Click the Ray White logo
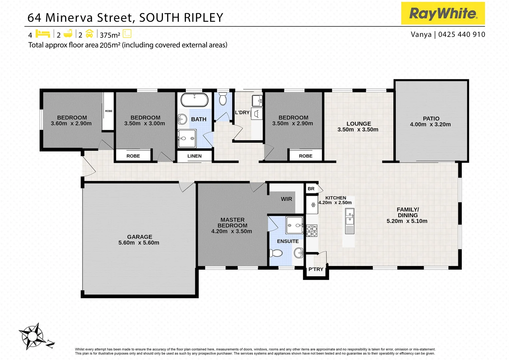[443, 13]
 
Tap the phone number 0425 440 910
[462, 34]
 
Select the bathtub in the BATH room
[195, 100]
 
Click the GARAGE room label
[140, 237]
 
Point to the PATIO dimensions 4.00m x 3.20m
[430, 124]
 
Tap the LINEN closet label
[195, 156]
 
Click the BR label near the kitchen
[311, 189]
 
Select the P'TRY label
[316, 269]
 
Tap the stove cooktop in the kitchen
[312, 231]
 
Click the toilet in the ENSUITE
[275, 253]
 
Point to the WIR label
[286, 199]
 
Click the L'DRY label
[242, 112]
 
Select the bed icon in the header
[43, 34]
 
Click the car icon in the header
[89, 34]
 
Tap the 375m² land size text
[110, 35]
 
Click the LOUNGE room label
[358, 124]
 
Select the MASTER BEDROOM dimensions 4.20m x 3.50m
[232, 231]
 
